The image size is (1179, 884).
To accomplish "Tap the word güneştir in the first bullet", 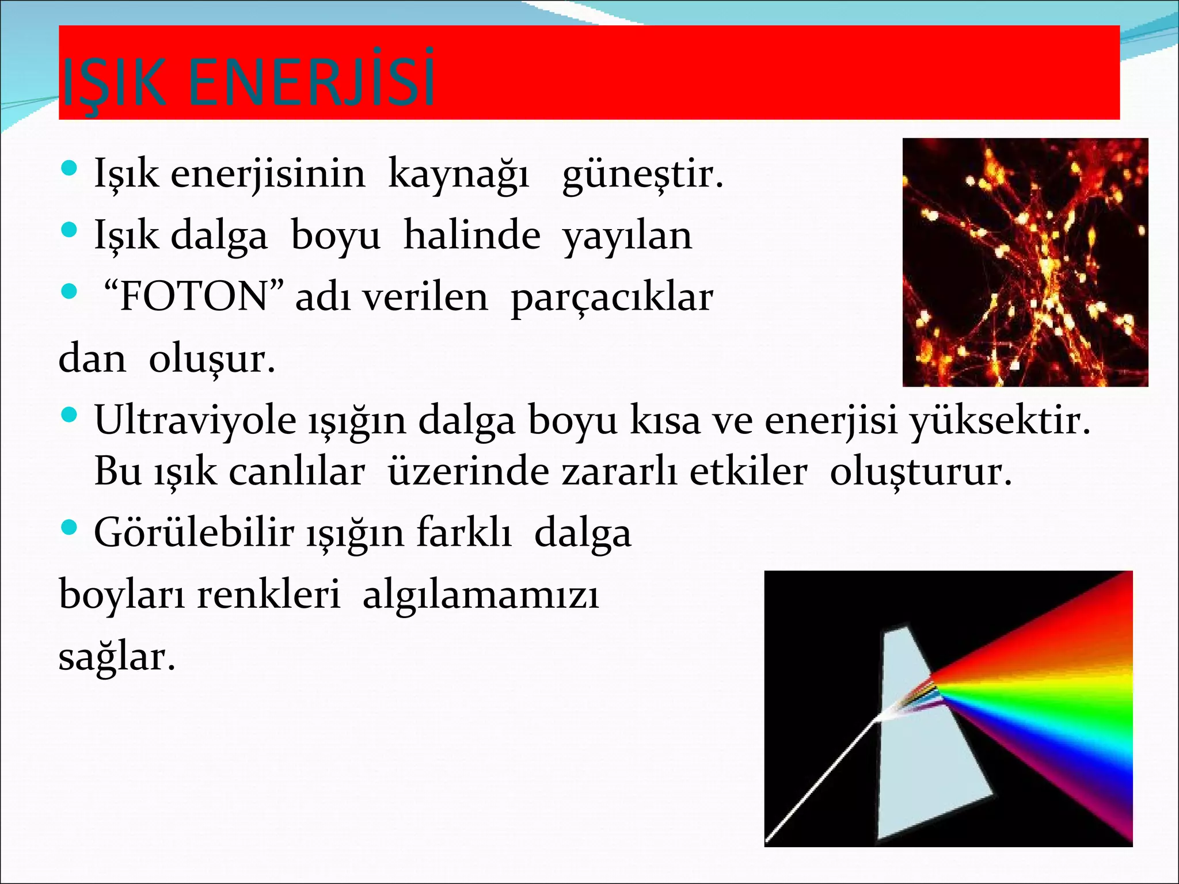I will (x=642, y=174).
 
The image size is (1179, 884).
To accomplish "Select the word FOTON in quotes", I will (x=193, y=297).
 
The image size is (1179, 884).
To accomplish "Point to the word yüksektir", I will (x=999, y=420).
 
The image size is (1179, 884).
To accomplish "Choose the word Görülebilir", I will (x=194, y=532).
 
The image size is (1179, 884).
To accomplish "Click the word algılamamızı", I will (x=481, y=594).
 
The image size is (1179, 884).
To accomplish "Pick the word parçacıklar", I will (x=611, y=298).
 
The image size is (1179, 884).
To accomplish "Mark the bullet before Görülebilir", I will (x=69, y=527).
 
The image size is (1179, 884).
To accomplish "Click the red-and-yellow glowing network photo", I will (x=1025, y=262).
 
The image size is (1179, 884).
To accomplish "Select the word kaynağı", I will (x=458, y=174).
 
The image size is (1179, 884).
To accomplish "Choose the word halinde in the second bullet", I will (x=471, y=236).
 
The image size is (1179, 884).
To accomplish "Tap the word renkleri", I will (x=268, y=594).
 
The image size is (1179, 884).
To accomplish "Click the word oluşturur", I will (x=920, y=472).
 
